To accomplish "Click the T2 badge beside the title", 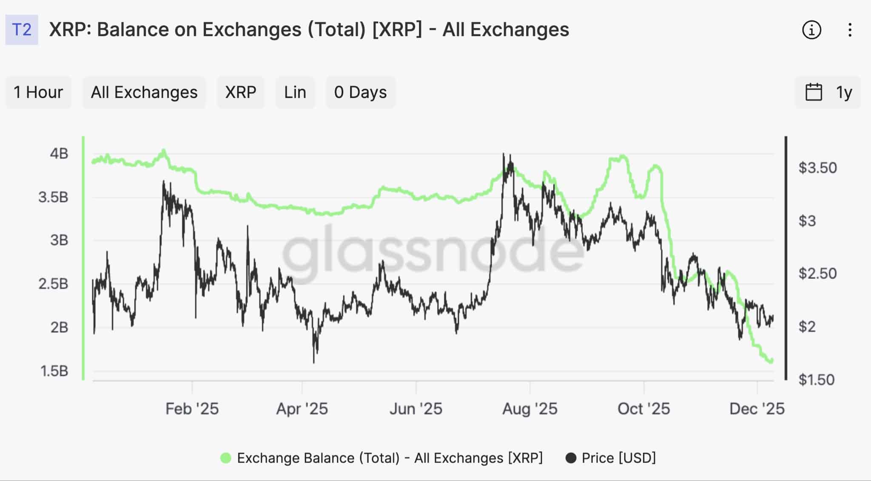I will point(22,30).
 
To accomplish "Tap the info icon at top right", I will point(811,30).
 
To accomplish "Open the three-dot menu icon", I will point(850,30).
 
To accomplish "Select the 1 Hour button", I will point(38,92).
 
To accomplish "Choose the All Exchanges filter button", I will point(144,92).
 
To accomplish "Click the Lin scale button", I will point(295,92).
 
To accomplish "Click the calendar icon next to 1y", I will point(814,92).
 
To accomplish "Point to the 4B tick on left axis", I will point(59,153).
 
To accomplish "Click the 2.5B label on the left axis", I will point(53,284).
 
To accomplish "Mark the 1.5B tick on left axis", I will point(54,371).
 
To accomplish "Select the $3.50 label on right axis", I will point(817,168).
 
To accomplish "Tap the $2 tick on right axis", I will point(807,327).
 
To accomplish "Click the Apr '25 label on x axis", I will point(302,409).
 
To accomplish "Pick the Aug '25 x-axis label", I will point(529,409).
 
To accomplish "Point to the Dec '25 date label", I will point(757,409).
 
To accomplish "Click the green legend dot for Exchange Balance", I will point(226,458).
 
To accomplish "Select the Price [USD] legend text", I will point(618,458).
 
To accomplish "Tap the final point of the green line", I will point(771,361).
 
